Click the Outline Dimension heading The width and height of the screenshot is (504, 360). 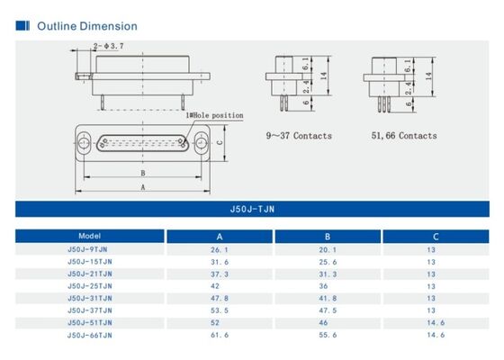pyautogui.click(x=86, y=26)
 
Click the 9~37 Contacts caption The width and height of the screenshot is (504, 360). pyautogui.click(x=298, y=136)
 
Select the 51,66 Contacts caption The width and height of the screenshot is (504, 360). pyautogui.click(x=404, y=136)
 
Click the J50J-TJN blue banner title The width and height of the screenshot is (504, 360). pyautogui.click(x=251, y=209)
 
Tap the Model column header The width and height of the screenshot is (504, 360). pyautogui.click(x=89, y=236)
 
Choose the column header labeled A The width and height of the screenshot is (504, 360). pyautogui.click(x=219, y=237)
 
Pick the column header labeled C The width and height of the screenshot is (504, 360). pyautogui.click(x=431, y=237)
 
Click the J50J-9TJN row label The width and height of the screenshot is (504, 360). pyautogui.click(x=89, y=249)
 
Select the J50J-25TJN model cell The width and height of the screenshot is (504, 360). pyautogui.click(x=89, y=285)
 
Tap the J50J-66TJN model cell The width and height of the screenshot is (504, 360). pyautogui.click(x=89, y=334)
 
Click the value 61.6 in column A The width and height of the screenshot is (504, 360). pyautogui.click(x=218, y=334)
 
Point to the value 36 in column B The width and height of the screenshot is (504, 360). pyautogui.click(x=328, y=285)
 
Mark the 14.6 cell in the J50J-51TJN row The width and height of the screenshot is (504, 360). pyautogui.click(x=431, y=321)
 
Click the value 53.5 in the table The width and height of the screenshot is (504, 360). pyautogui.click(x=218, y=310)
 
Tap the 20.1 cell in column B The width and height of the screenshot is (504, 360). pyautogui.click(x=328, y=249)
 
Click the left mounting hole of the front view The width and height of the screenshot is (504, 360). pyautogui.click(x=84, y=142)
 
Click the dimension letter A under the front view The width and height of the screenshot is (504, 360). pyautogui.click(x=142, y=187)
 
